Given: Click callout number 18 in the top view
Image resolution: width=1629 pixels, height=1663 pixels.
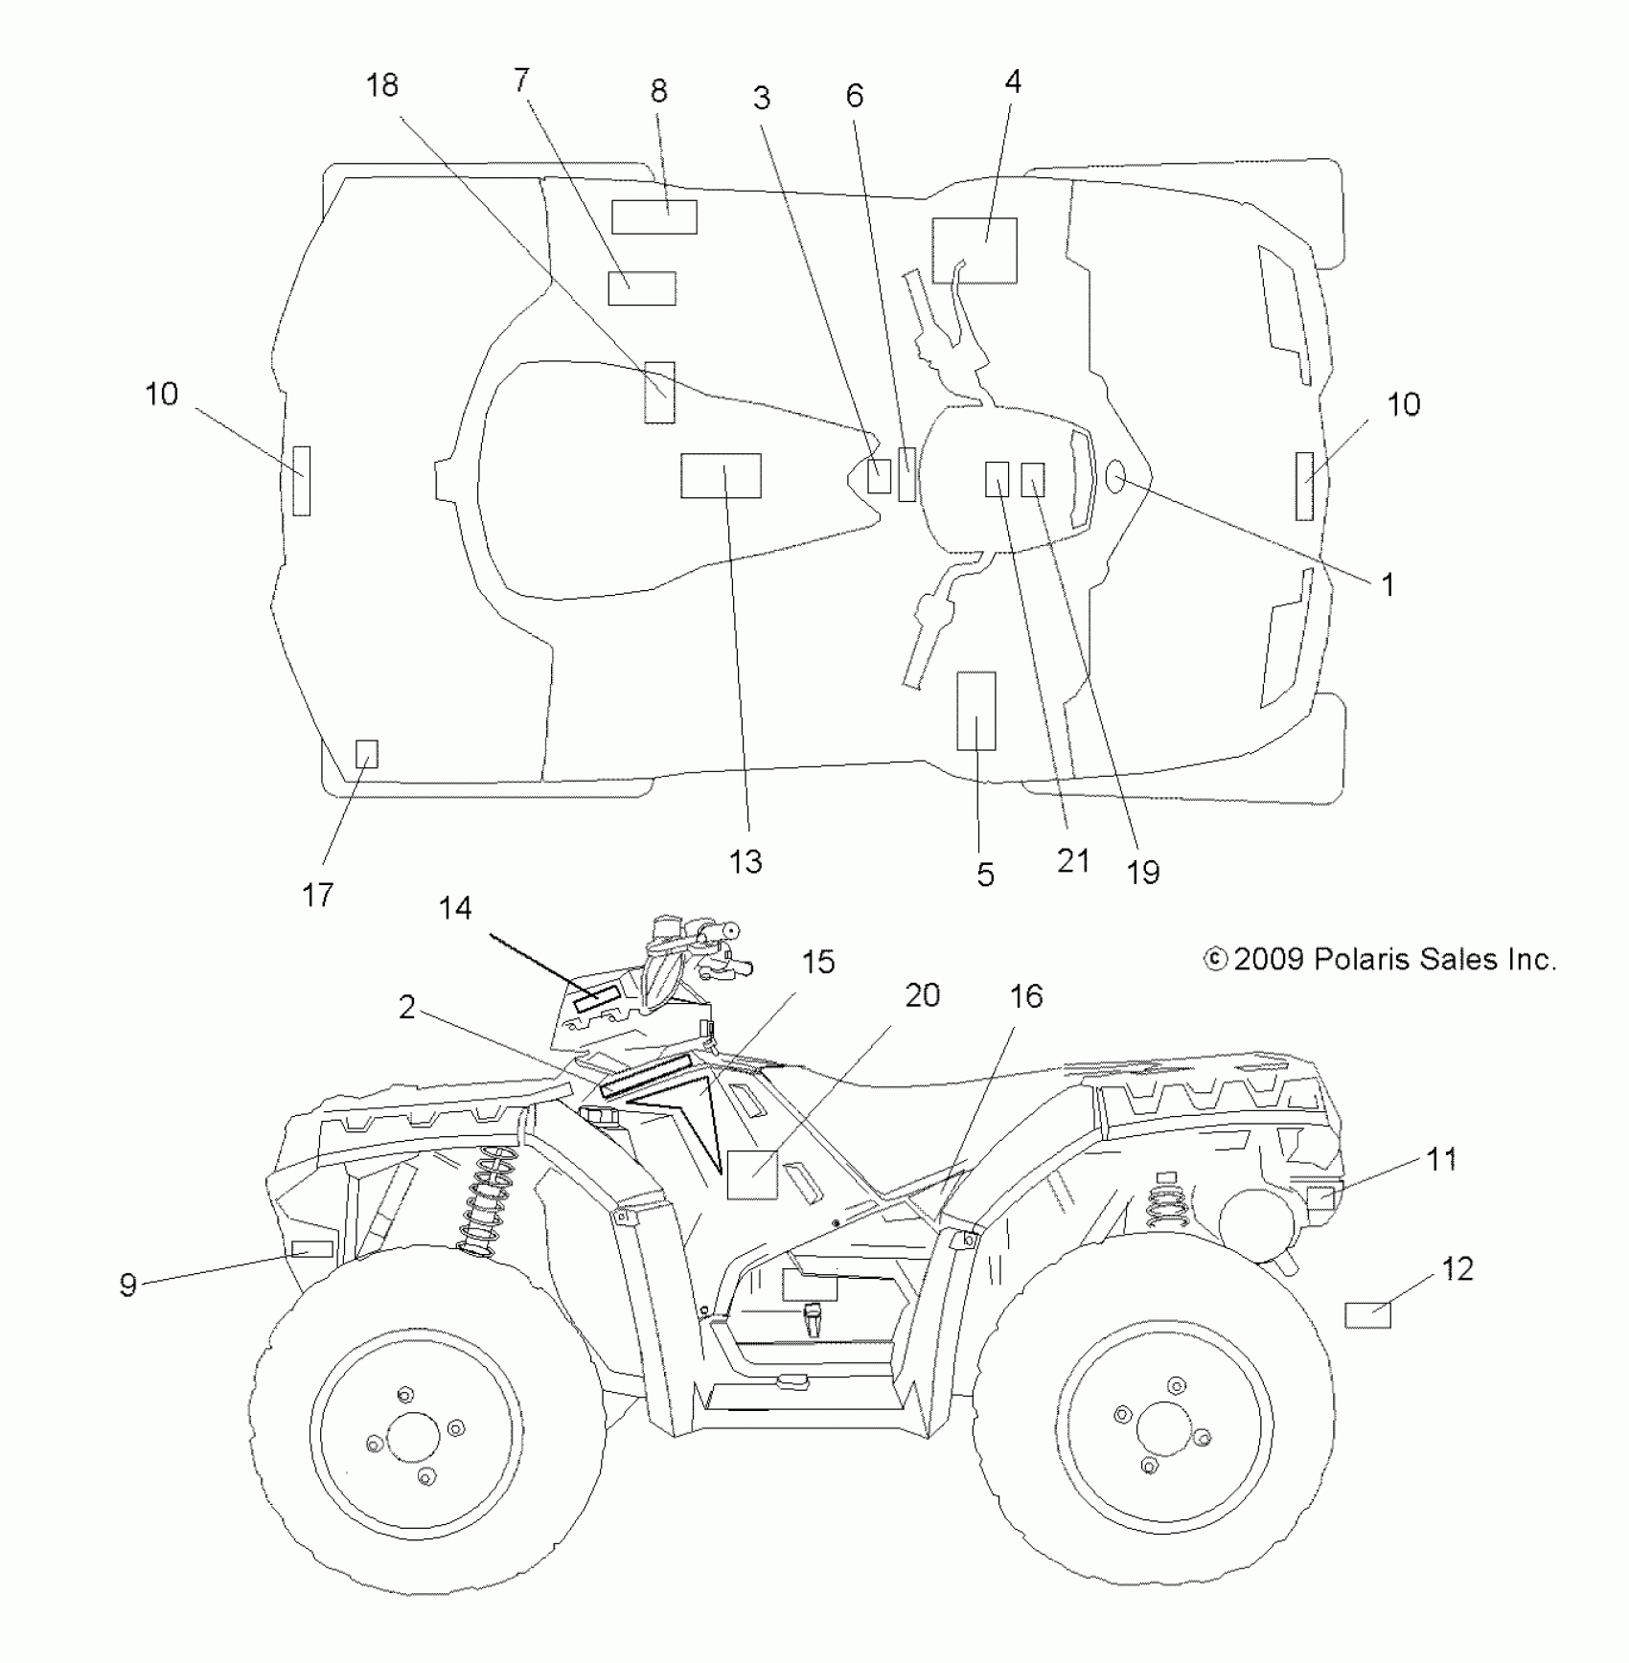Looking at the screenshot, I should pyautogui.click(x=381, y=85).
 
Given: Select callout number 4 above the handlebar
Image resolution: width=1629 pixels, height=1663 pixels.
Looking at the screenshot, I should pyautogui.click(x=1013, y=82).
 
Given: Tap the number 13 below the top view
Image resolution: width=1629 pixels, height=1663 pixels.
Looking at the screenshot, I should pyautogui.click(x=746, y=861).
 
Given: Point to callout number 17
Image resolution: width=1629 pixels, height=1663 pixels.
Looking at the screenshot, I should pyautogui.click(x=317, y=895).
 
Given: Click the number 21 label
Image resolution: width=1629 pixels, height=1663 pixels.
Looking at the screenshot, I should pyautogui.click(x=1073, y=860).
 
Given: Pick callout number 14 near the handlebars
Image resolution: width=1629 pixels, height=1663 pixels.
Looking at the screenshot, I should pyautogui.click(x=455, y=907).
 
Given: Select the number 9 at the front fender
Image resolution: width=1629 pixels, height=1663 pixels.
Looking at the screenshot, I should pyautogui.click(x=128, y=1285).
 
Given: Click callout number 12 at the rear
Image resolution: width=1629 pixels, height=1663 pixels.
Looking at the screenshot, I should pyautogui.click(x=1457, y=1269).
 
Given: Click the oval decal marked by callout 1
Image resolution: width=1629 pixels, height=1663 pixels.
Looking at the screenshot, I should pyautogui.click(x=1115, y=476).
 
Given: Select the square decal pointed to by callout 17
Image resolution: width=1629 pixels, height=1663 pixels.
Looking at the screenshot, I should pyautogui.click(x=366, y=754).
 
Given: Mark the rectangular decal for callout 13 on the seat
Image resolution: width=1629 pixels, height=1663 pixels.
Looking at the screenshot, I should pyautogui.click(x=721, y=476).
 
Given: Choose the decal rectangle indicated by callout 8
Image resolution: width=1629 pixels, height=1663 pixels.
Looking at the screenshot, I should pyautogui.click(x=654, y=217).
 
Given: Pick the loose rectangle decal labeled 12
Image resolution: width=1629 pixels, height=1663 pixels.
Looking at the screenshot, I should pyautogui.click(x=1367, y=1315).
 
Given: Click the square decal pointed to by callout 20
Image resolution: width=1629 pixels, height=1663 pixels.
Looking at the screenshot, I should pyautogui.click(x=751, y=1173).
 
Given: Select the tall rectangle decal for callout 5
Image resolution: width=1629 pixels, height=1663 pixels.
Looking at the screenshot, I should pyautogui.click(x=976, y=711).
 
